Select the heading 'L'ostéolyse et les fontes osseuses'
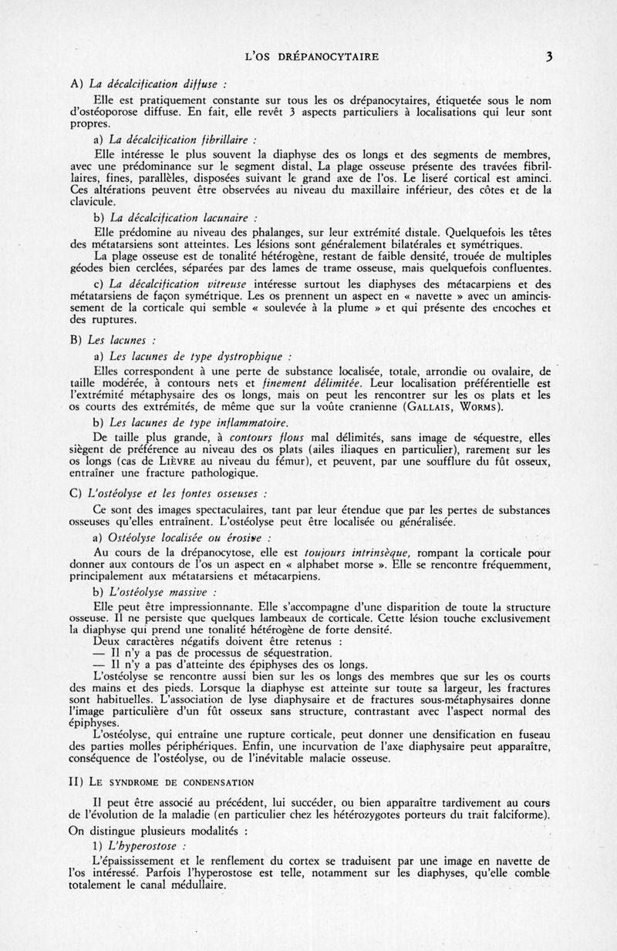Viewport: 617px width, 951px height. point(179,493)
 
